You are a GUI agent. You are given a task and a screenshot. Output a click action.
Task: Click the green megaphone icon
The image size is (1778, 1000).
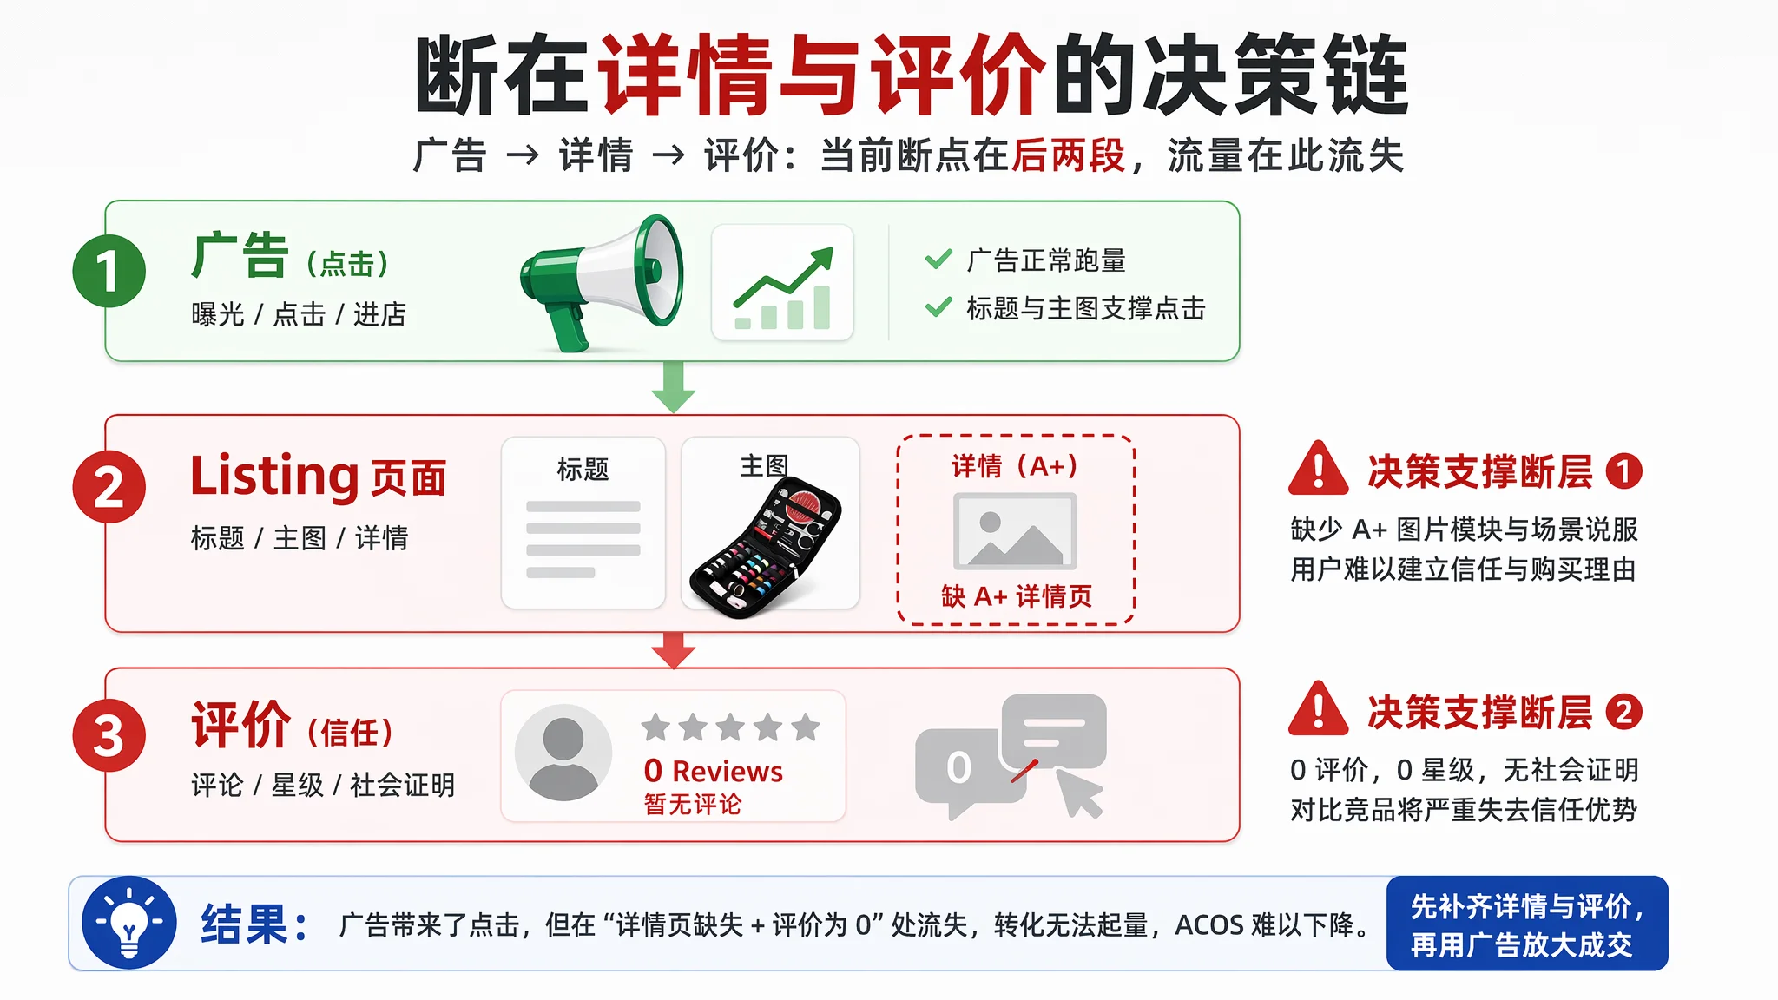(x=601, y=283)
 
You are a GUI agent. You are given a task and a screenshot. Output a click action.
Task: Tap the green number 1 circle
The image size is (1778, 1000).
(x=109, y=271)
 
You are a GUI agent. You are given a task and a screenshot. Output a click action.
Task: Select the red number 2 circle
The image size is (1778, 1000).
(x=109, y=486)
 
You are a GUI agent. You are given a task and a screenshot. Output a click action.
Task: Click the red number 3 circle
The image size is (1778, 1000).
(x=109, y=735)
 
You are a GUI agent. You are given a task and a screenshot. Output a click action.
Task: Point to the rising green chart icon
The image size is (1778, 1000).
(x=783, y=287)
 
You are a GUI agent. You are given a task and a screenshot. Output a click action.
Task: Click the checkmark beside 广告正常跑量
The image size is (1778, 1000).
(x=938, y=260)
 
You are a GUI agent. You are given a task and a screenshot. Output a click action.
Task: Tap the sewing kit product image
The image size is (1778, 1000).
(x=765, y=547)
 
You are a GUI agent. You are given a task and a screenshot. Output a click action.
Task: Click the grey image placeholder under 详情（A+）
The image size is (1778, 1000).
(x=1015, y=530)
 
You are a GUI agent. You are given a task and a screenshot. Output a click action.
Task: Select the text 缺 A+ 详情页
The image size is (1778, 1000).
(x=1017, y=596)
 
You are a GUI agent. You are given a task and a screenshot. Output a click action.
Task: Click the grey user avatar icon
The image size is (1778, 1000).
(x=563, y=753)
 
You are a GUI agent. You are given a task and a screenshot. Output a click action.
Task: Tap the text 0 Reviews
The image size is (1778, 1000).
(x=713, y=771)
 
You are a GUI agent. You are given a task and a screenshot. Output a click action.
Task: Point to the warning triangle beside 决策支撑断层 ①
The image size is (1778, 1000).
(x=1319, y=470)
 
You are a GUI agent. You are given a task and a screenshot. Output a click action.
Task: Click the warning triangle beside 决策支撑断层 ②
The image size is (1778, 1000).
(x=1319, y=710)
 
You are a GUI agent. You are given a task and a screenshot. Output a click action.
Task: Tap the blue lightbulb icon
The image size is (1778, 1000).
(x=129, y=923)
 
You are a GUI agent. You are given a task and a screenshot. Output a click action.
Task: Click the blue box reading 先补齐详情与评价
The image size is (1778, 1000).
(x=1527, y=924)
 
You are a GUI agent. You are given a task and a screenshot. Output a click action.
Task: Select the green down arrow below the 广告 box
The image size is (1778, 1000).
(x=673, y=387)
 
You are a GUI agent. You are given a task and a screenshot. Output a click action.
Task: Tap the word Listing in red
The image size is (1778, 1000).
(x=274, y=476)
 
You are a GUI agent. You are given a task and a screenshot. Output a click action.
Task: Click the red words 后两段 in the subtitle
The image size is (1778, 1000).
(x=1068, y=156)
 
